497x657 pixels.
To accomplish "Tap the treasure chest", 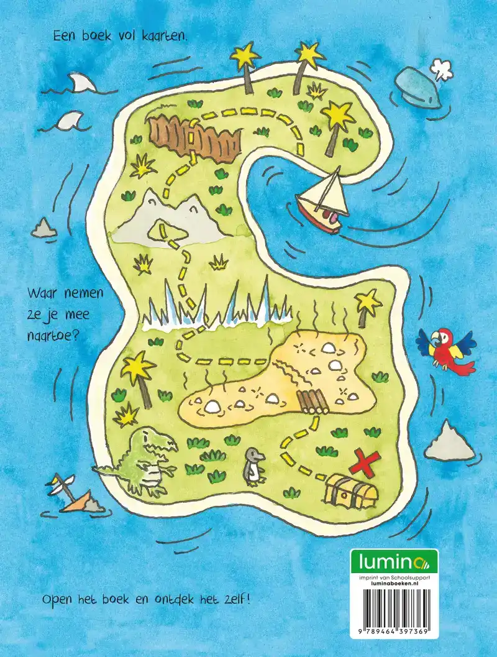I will [351, 492].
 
